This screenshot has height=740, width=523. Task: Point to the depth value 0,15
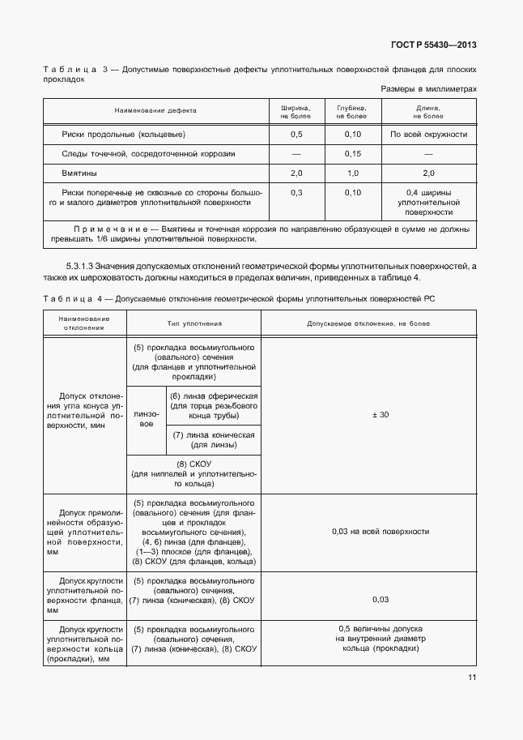coord(353,154)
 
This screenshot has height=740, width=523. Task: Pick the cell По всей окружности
coord(428,134)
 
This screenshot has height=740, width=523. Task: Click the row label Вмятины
coord(80,173)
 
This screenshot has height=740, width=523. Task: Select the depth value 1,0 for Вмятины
coord(353,173)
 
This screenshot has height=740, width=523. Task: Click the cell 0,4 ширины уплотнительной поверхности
coord(428,202)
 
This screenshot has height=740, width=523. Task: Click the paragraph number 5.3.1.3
coord(80,267)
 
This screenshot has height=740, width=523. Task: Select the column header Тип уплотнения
coord(194,323)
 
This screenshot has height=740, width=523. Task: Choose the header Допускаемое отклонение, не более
coord(368,323)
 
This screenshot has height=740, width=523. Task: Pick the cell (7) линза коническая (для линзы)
coord(214,440)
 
